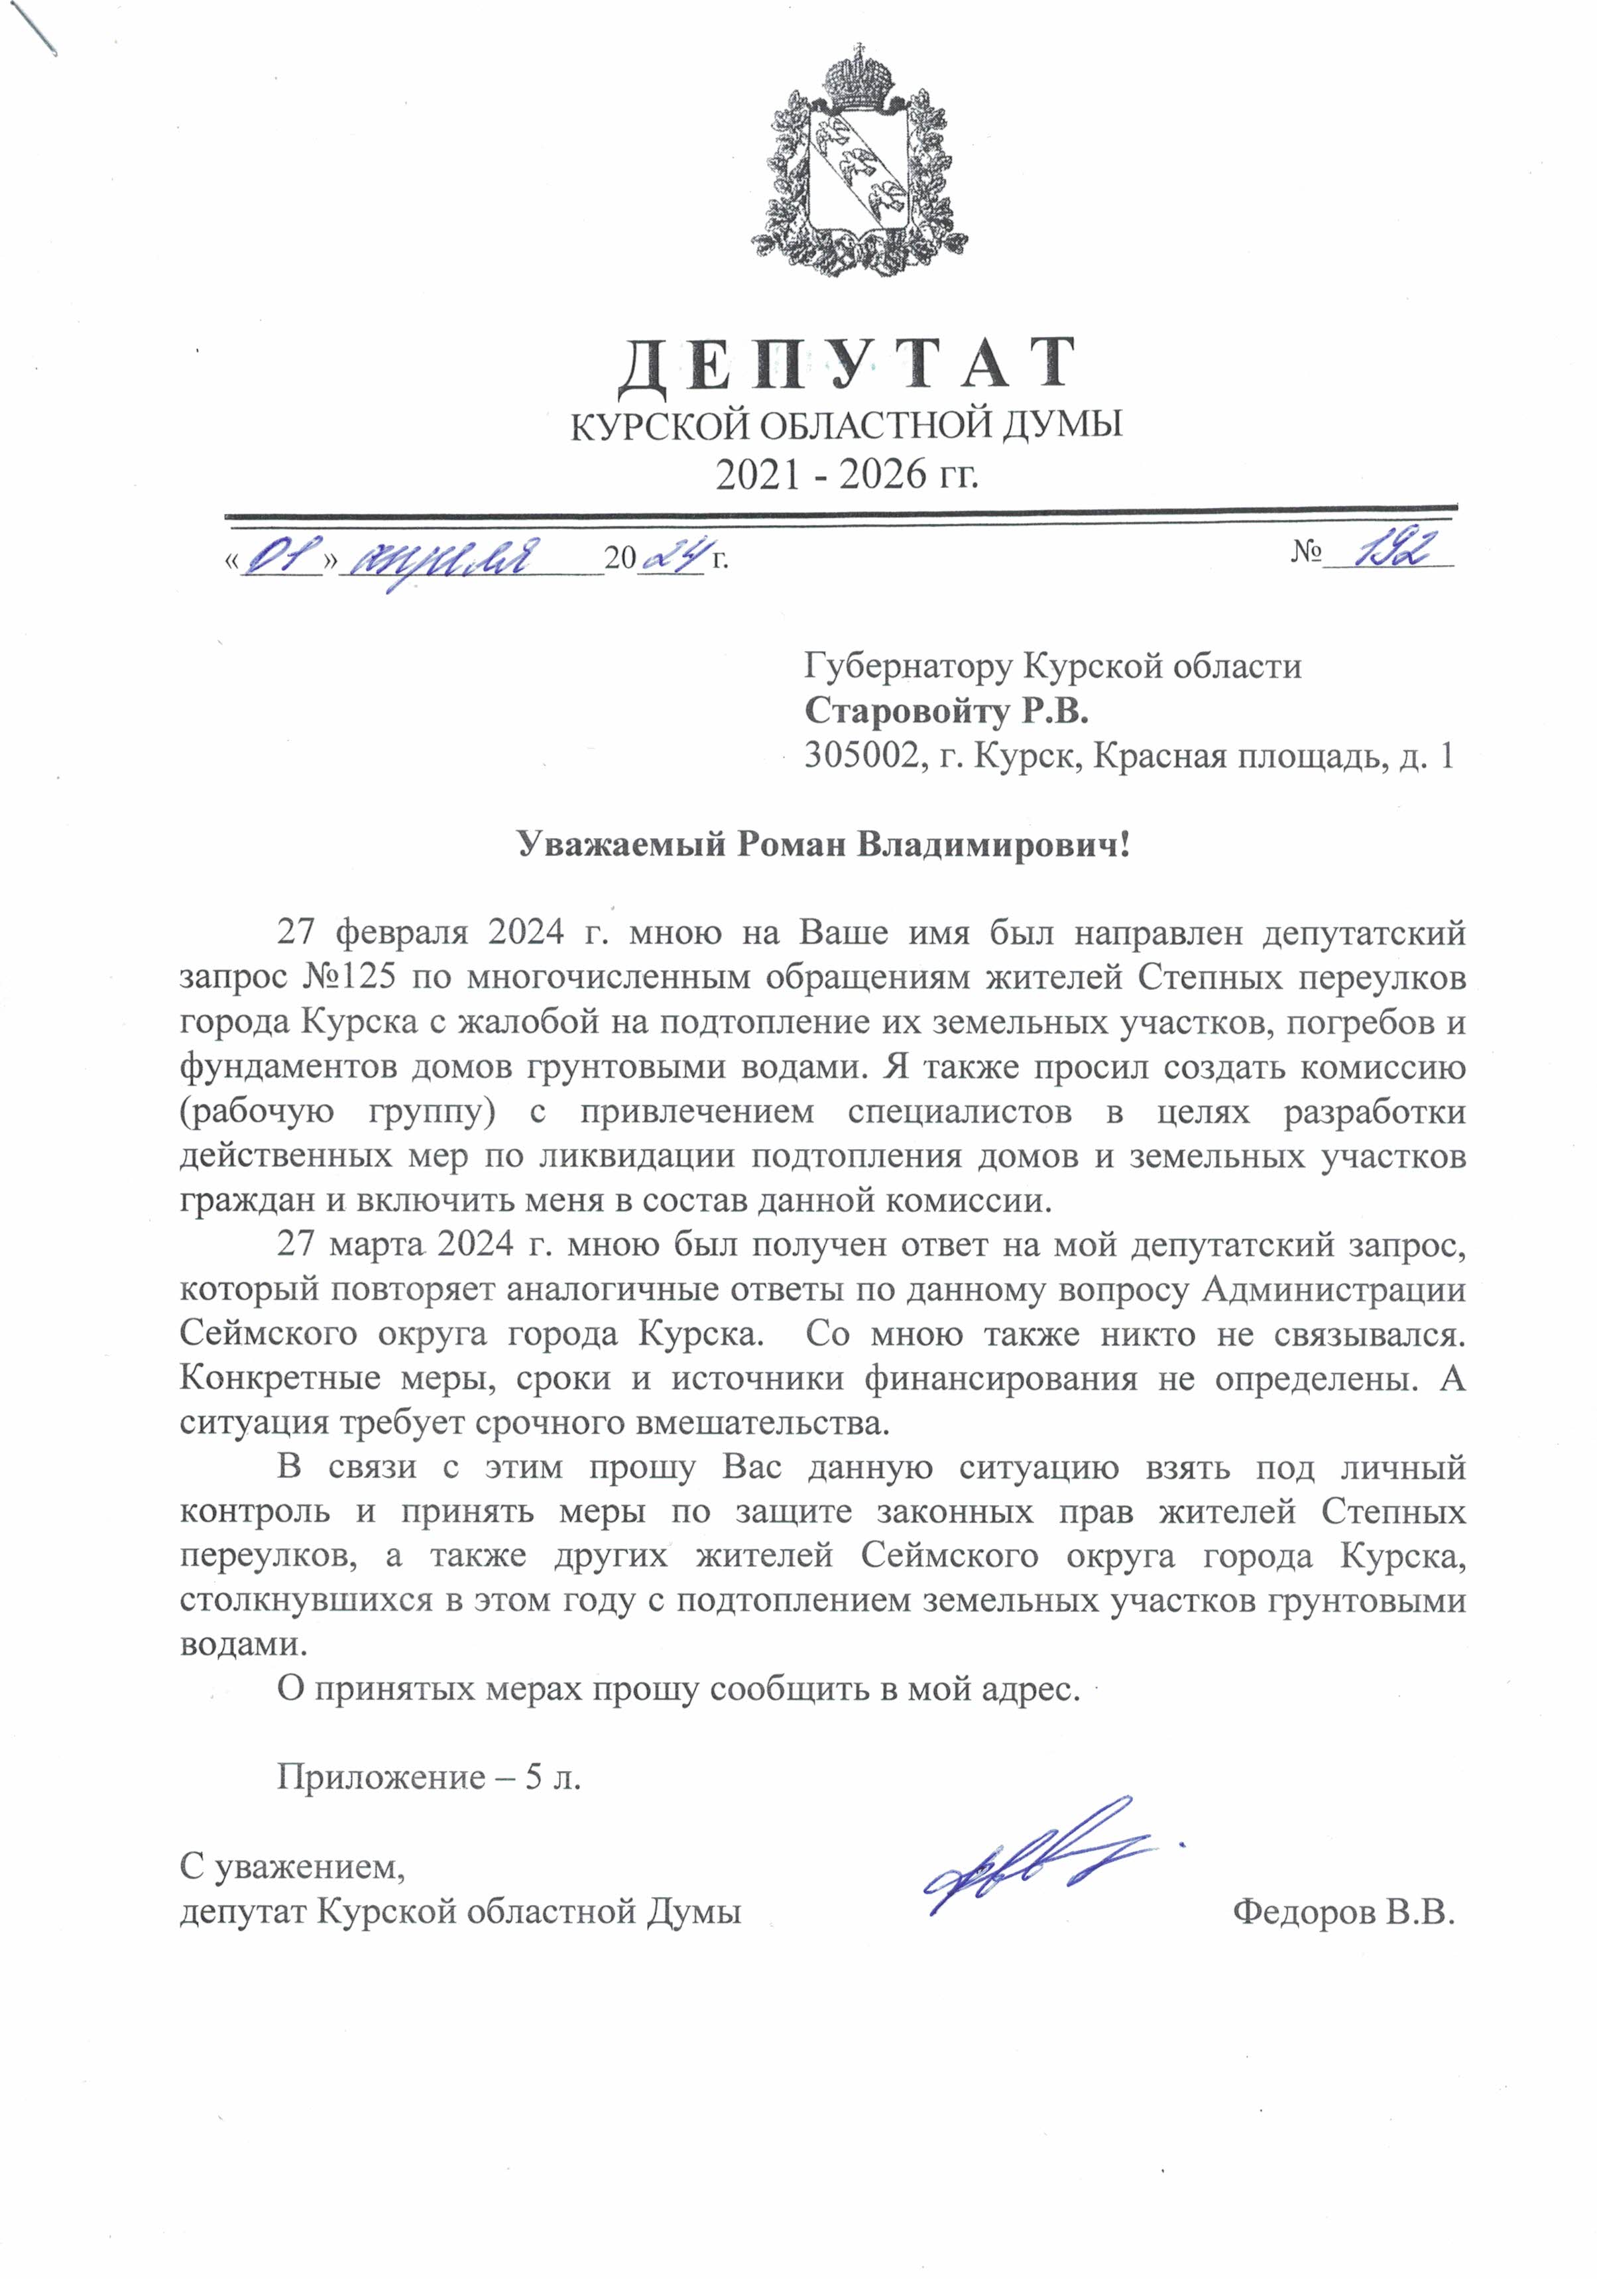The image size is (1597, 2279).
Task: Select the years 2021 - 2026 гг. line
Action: click(847, 475)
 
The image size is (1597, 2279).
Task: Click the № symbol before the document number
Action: click(1304, 553)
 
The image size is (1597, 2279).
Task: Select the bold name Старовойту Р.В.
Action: click(946, 711)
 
